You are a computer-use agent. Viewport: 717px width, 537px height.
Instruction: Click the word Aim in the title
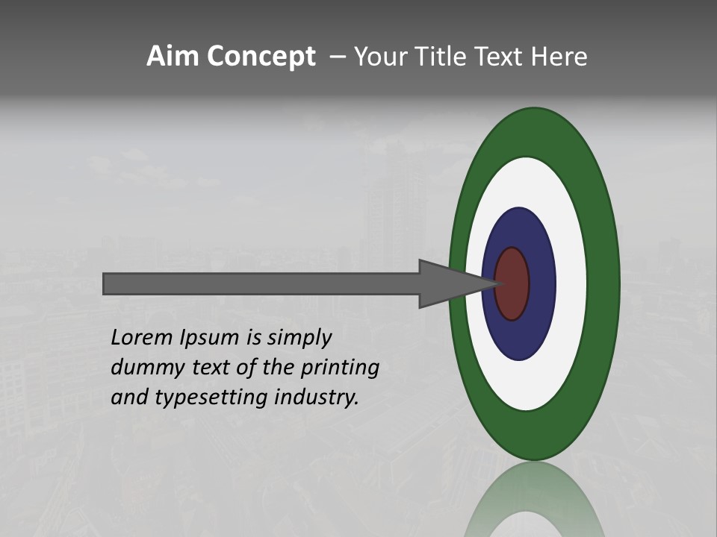[x=169, y=57]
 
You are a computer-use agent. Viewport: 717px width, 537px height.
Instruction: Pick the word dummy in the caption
[x=142, y=368]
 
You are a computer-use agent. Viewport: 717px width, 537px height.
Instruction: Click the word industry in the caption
[x=317, y=398]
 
